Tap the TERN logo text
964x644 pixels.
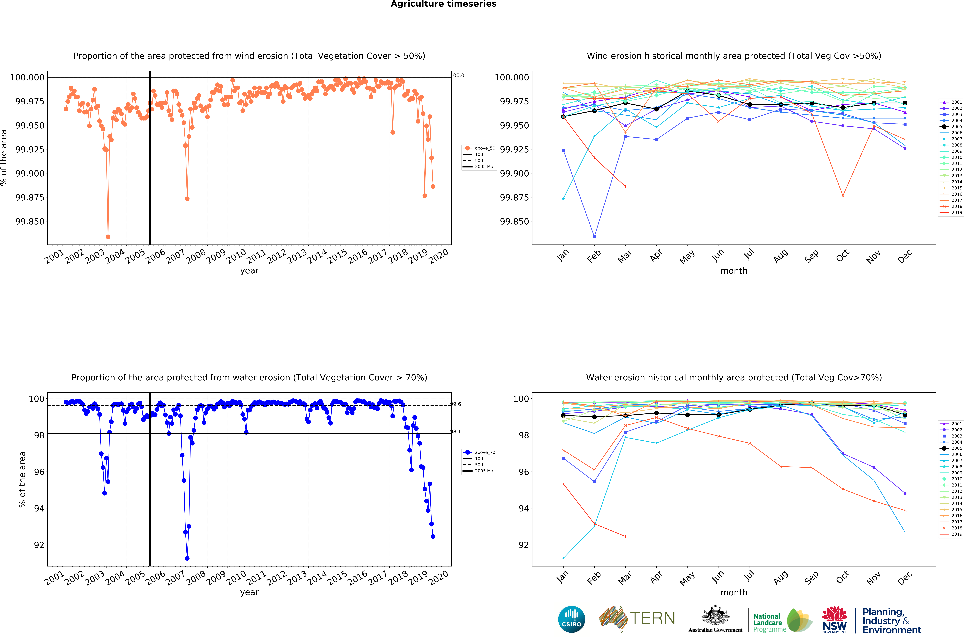point(652,618)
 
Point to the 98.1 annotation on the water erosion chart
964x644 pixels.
point(456,432)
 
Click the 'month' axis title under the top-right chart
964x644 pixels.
point(734,271)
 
